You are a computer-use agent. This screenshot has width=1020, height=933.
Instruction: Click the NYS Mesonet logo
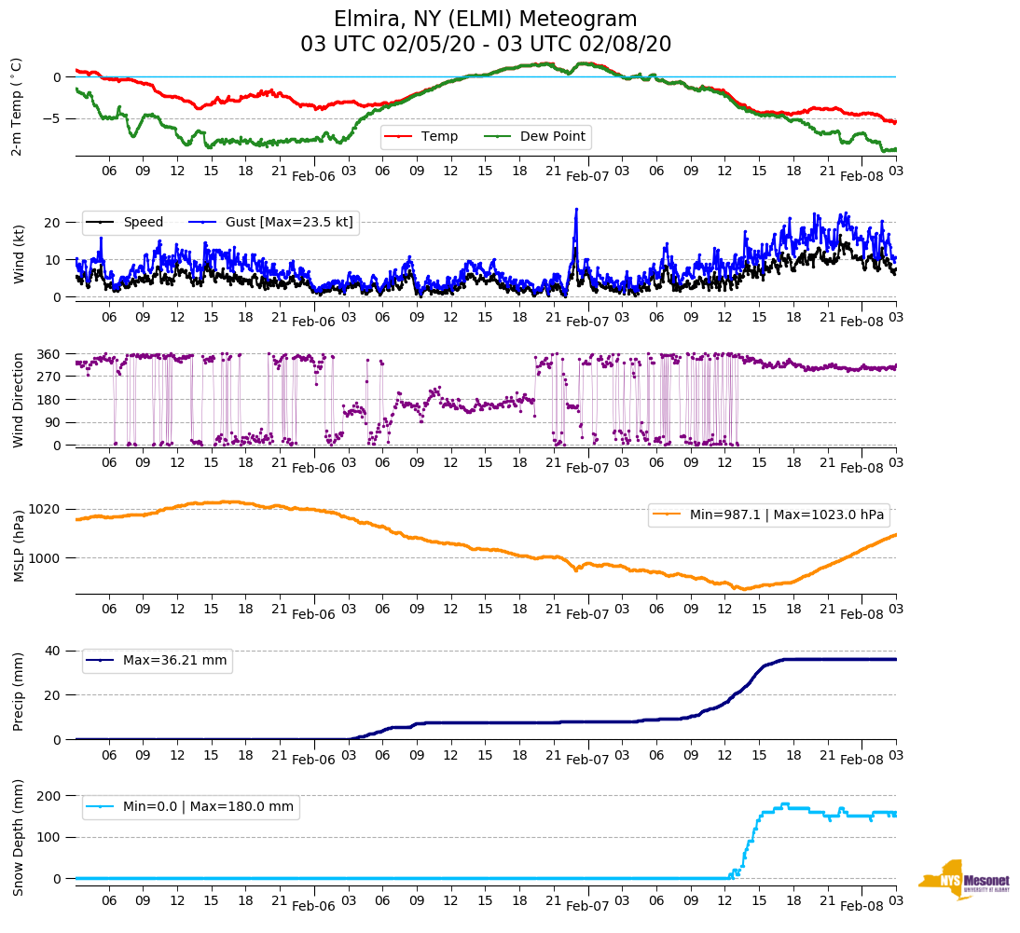coord(965,880)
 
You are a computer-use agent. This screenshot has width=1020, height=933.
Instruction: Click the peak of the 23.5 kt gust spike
coord(576,210)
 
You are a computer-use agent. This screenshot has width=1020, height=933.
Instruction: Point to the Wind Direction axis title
coord(18,399)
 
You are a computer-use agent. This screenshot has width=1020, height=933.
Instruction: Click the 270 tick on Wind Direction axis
coord(48,377)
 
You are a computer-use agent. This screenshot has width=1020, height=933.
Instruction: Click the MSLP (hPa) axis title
coord(18,545)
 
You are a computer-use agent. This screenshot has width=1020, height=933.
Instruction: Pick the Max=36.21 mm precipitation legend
coord(157,661)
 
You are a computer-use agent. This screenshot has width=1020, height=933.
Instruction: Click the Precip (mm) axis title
coord(18,694)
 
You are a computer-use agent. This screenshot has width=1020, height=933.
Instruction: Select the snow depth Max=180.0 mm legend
coord(190,807)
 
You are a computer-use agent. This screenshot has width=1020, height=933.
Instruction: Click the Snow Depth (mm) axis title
coord(18,836)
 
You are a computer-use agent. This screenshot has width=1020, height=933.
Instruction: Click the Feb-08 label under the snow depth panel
coord(861,905)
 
